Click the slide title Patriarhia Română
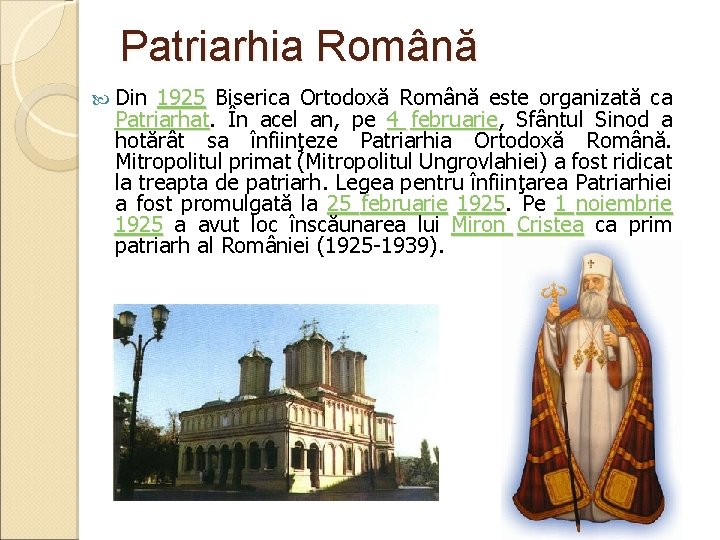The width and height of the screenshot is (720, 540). (299, 47)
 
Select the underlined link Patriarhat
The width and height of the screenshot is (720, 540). (161, 119)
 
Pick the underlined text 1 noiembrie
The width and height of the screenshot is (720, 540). (614, 203)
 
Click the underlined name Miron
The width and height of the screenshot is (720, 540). (480, 224)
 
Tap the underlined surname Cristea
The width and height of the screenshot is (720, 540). (550, 224)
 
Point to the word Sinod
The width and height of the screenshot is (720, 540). (619, 119)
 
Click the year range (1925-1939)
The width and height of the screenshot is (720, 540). (377, 245)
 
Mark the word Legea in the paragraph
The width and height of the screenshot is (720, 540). (364, 182)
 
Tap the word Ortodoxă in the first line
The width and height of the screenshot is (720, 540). (333, 98)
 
